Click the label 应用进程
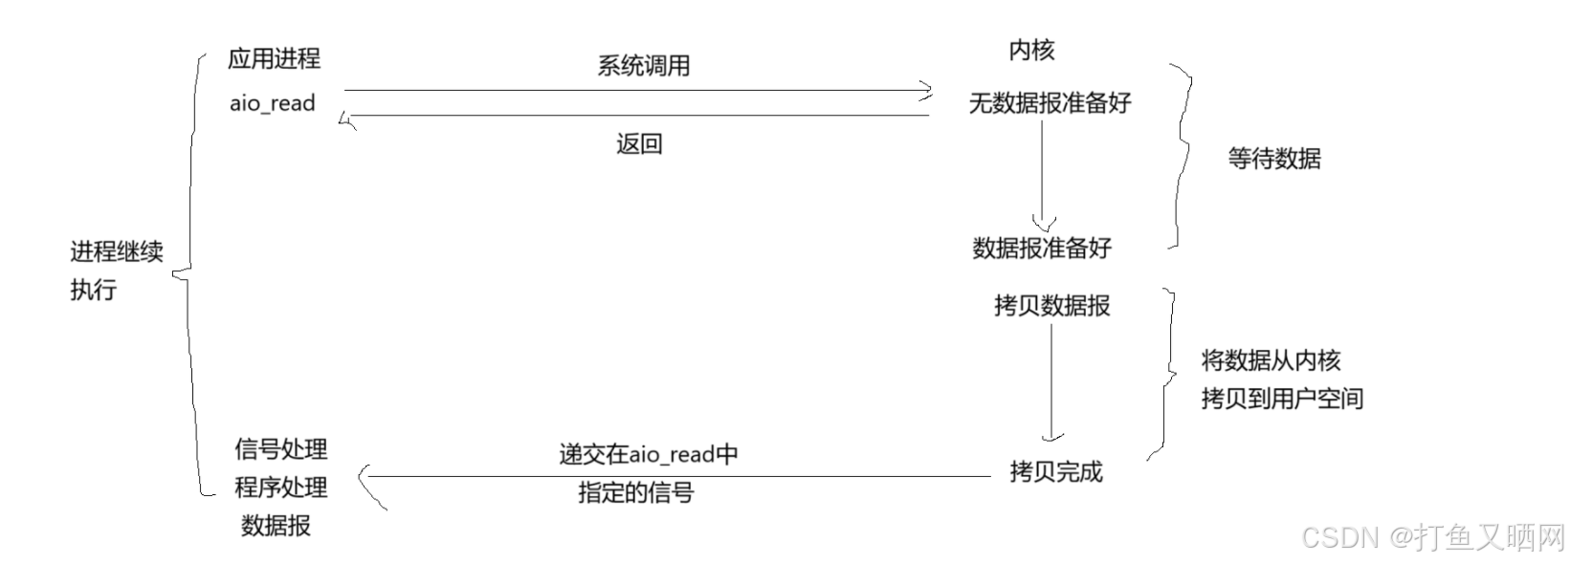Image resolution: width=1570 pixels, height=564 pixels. coord(274,58)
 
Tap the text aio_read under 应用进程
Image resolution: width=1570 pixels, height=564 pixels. coord(273,103)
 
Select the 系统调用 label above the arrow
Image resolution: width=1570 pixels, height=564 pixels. coord(643,66)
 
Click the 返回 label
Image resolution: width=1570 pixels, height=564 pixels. coord(639,144)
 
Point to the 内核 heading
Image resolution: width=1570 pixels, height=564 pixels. coord(1031,50)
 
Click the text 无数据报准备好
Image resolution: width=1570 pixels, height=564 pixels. coord(1050,102)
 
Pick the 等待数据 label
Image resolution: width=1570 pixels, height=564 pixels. coord(1273,159)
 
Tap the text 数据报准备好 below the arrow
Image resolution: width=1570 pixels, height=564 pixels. coord(1042,249)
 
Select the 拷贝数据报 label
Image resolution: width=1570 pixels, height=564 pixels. coord(1051,306)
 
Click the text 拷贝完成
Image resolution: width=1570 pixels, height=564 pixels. coord(1056,471)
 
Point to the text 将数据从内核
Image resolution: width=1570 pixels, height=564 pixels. coord(1271,360)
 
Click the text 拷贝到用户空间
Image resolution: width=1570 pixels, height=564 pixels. coord(1282,398)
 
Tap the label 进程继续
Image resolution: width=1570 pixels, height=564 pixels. coord(117,252)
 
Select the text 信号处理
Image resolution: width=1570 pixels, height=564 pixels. coord(281,448)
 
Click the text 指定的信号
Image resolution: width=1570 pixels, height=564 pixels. coord(635,493)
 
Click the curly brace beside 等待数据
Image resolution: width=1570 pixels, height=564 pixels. coord(1183,158)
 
